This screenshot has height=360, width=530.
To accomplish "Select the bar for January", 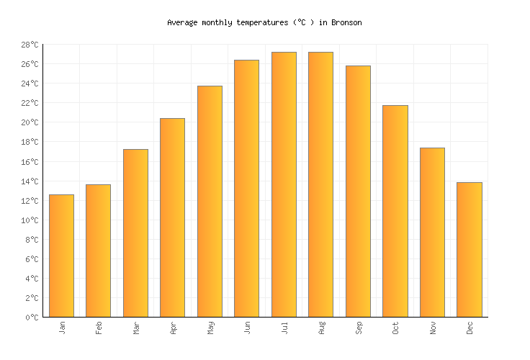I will [x=61, y=256].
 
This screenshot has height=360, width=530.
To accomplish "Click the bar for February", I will [x=98, y=251].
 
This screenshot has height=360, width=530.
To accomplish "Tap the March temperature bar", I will [x=135, y=233].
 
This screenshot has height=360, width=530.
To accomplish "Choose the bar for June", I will [x=246, y=188].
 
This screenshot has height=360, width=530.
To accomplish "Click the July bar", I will [x=284, y=184].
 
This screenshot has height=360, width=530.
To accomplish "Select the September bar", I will [x=358, y=191].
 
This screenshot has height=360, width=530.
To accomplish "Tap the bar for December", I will [x=469, y=249].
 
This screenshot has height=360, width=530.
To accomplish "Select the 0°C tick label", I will [x=32, y=318].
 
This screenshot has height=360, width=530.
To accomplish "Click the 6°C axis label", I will [x=32, y=259].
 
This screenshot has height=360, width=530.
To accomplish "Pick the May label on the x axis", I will [x=210, y=328].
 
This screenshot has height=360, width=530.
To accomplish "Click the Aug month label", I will [x=321, y=328].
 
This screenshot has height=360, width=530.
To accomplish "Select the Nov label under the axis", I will [x=433, y=328].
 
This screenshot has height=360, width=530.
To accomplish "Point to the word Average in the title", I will [x=182, y=23].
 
